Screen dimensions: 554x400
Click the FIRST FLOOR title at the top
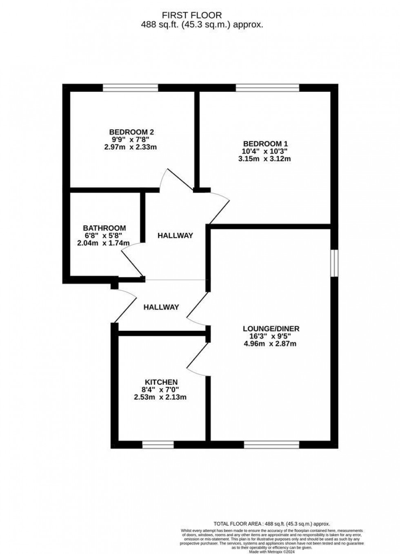tap(192, 16)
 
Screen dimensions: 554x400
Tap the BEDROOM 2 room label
tap(131, 132)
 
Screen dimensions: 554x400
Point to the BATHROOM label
tap(104, 228)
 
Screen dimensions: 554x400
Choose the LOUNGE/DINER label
tap(271, 328)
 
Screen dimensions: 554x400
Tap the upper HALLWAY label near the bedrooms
tap(175, 235)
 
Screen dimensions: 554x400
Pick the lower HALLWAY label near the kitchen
tap(161, 307)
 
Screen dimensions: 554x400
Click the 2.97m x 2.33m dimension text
tap(131, 147)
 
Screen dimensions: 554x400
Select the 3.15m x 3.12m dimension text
tap(264, 159)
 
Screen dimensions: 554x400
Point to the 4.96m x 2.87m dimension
tap(269, 343)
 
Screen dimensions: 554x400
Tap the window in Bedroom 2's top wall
tap(130, 88)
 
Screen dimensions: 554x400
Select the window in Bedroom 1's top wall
tap(267, 88)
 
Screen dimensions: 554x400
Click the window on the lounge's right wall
tap(334, 263)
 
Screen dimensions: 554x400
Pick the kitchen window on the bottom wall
tap(158, 445)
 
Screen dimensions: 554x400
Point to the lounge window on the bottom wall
tap(271, 445)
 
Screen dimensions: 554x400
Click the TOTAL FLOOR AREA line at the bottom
tap(272, 524)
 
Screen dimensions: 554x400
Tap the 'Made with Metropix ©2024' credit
tap(272, 552)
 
